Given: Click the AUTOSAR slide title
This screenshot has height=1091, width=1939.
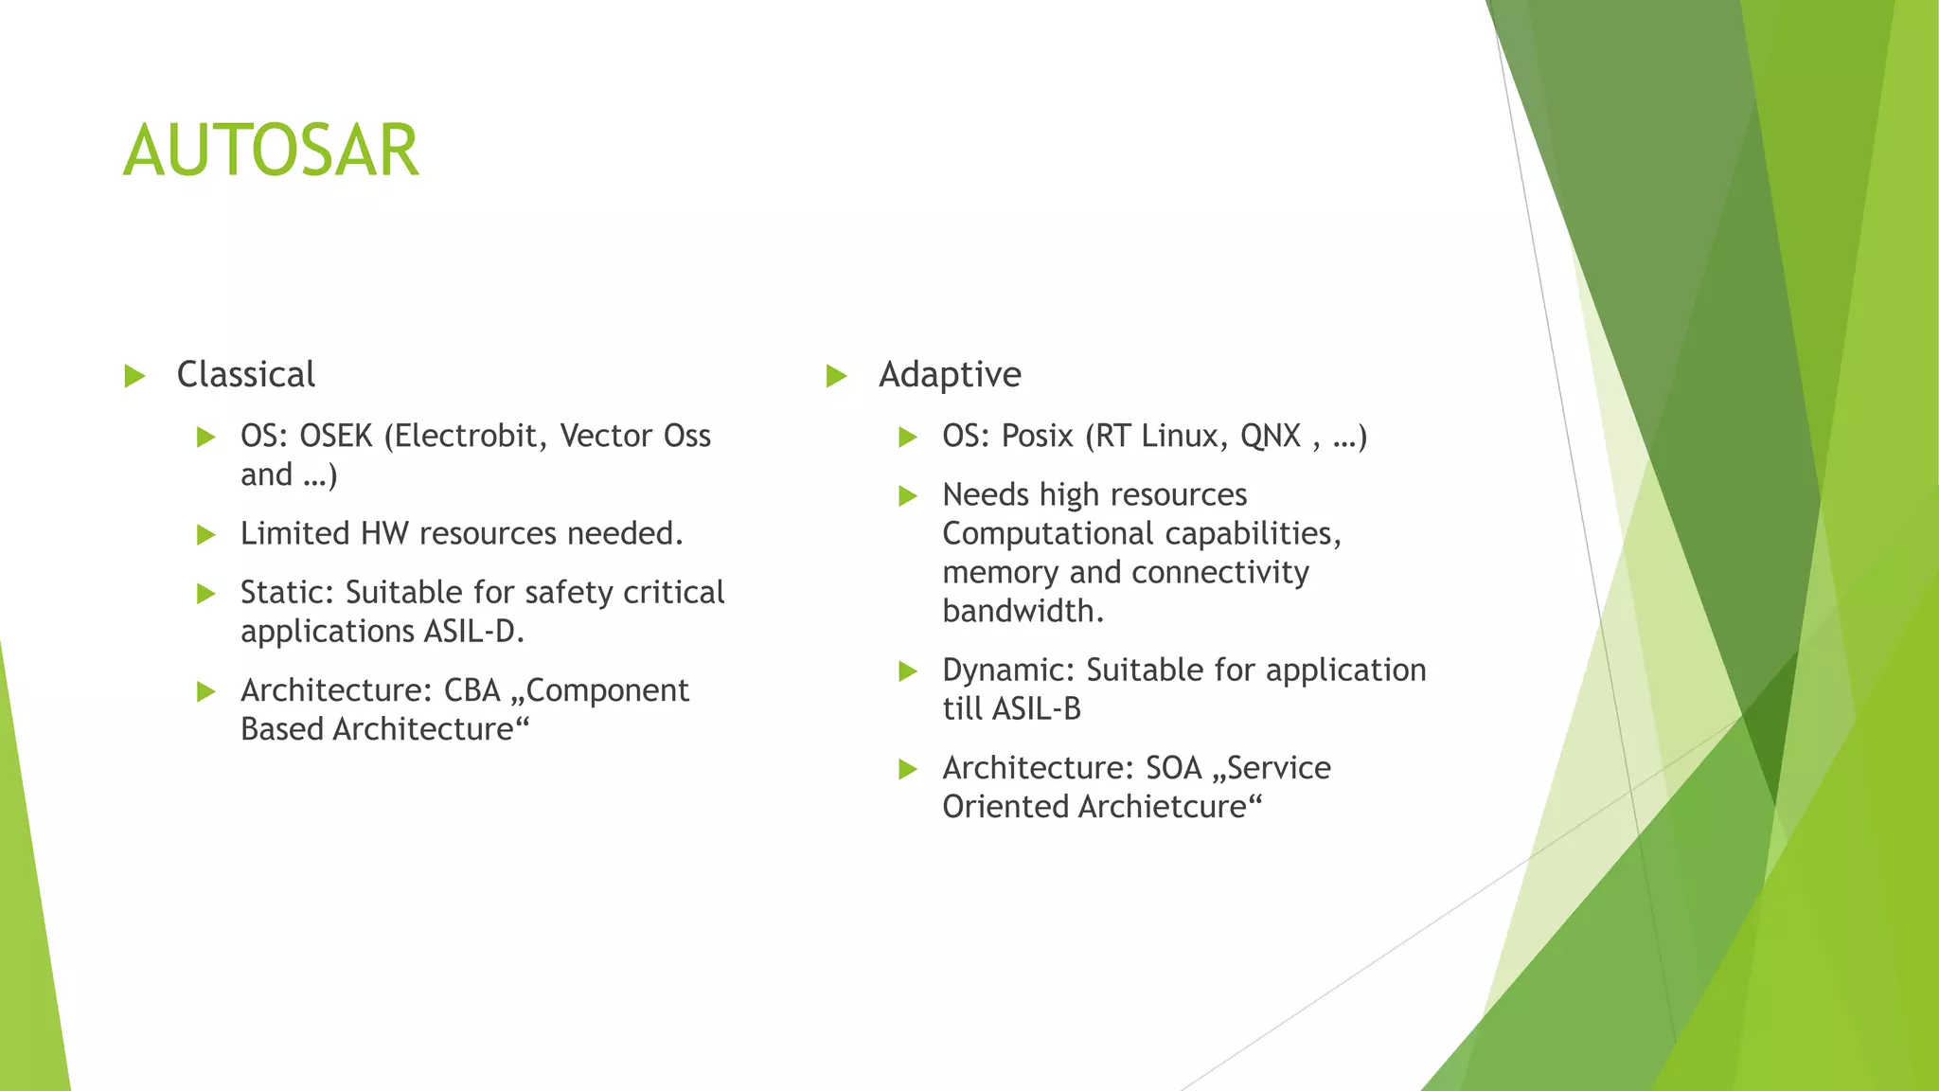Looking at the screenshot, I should (271, 152).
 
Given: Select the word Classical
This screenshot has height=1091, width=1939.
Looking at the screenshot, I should (246, 375).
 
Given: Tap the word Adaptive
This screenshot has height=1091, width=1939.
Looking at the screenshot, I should (950, 375).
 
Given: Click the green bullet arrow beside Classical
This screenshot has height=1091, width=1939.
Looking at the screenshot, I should (134, 376).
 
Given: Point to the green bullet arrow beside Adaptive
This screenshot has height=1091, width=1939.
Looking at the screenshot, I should (836, 376).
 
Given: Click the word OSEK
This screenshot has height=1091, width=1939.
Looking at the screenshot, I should (336, 436).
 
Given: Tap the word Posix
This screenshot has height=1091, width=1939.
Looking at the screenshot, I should (1038, 436).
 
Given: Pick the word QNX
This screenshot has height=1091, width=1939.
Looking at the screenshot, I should (1271, 436).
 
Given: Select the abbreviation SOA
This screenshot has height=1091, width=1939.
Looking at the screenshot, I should (1173, 768).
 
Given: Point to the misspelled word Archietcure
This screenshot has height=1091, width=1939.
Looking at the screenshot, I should (1162, 807).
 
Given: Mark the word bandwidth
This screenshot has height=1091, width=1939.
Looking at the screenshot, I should (1023, 612).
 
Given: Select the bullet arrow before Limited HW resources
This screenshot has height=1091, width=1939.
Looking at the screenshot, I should (206, 535).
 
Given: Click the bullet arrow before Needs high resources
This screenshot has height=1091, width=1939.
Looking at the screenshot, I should (908, 495).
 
